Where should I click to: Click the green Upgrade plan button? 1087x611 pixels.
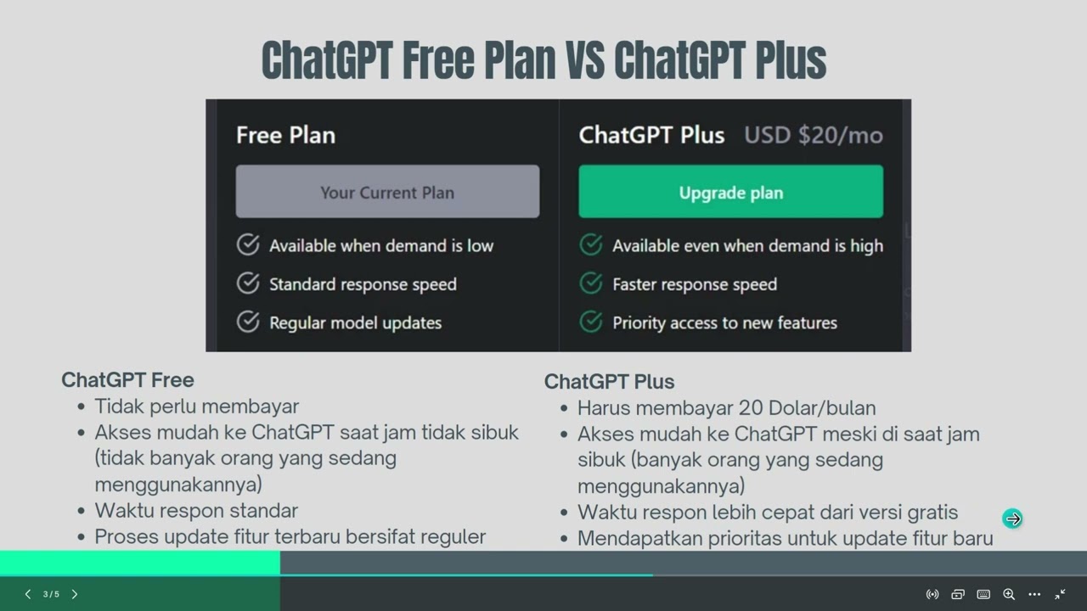tap(730, 192)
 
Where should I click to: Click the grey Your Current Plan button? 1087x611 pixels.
tap(387, 192)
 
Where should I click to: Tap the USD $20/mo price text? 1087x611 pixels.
tap(813, 135)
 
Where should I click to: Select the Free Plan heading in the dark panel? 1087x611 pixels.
tap(285, 135)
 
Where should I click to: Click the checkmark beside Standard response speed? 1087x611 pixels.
tap(248, 283)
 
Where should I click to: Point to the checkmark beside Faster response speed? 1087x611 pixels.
tap(591, 283)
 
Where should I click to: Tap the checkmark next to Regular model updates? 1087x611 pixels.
tap(248, 322)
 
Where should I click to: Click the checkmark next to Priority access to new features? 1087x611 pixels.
tap(591, 322)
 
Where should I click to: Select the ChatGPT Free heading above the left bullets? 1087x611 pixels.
tap(127, 379)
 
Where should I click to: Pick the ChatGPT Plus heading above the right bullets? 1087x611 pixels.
tap(609, 382)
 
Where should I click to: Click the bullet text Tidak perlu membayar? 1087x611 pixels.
tap(196, 406)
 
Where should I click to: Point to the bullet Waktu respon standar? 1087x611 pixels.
tap(196, 511)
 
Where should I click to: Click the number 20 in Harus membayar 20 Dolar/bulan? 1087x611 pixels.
tap(751, 408)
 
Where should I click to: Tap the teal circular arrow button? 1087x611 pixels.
tap(1012, 519)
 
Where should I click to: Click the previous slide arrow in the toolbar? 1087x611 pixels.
tap(28, 594)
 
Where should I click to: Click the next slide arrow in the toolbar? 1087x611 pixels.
tap(75, 594)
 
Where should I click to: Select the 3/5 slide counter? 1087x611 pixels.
tap(51, 594)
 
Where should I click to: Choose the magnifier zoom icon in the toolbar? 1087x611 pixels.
tap(1009, 594)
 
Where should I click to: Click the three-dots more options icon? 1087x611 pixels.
tap(1034, 594)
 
